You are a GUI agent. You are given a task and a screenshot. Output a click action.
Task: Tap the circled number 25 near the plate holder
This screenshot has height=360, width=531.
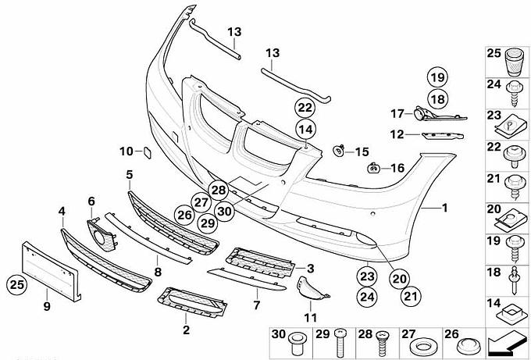17,284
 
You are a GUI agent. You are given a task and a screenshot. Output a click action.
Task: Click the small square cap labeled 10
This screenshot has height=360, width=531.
144,152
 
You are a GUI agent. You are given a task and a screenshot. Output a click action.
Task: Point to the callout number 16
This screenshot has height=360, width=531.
397,168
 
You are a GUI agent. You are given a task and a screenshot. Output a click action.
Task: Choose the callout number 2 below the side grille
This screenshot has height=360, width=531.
186,331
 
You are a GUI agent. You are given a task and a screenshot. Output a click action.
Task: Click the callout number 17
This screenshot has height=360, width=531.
396,113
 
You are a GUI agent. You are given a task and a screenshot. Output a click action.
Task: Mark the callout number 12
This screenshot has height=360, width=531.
396,134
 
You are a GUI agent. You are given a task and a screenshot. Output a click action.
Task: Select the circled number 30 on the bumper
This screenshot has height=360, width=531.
226,209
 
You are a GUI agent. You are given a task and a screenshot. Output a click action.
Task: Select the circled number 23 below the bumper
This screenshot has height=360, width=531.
367,275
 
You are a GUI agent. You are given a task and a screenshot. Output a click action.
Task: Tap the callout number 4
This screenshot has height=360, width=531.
62,210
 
